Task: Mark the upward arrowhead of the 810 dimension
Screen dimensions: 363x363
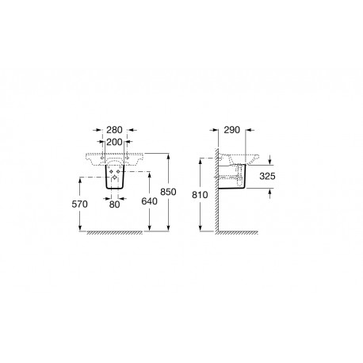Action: (207, 159)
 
